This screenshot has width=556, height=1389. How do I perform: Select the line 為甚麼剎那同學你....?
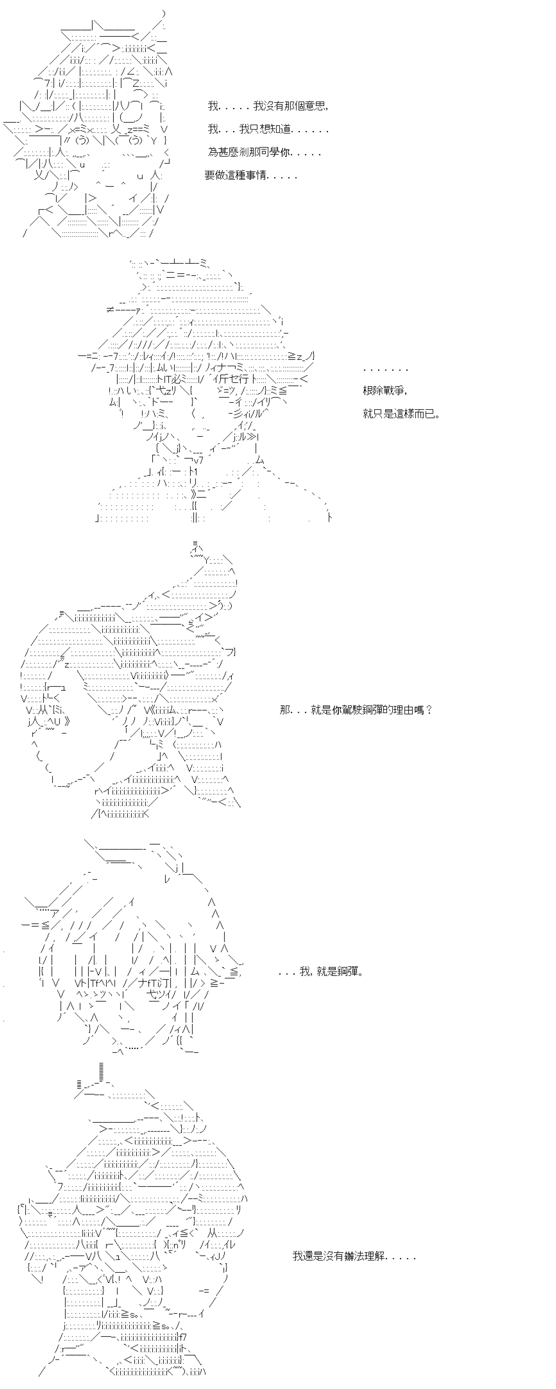264,153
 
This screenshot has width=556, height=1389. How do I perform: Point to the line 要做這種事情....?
251,176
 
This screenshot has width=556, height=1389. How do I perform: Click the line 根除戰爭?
385,391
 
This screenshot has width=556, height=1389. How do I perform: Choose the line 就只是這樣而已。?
402,414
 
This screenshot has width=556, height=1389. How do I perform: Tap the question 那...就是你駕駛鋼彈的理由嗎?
356,710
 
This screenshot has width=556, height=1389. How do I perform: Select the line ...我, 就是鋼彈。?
321,972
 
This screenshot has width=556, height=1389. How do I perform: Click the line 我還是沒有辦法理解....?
355,1257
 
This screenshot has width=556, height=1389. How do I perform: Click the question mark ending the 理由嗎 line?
429,710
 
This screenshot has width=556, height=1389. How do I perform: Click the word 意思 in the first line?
315,106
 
